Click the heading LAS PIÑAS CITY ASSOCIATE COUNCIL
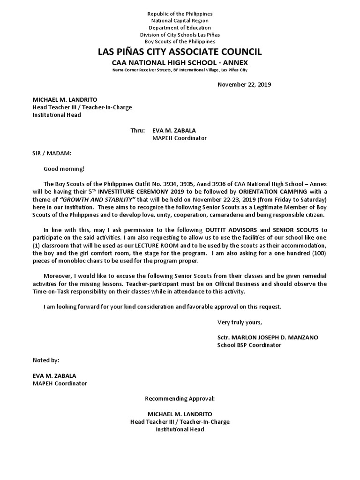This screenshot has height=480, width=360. click(180, 52)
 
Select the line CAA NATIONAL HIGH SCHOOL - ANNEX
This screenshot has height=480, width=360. click(180, 62)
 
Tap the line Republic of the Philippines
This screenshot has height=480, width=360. click(180, 14)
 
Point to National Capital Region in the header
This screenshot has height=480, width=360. click(180, 21)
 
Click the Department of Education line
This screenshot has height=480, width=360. click(180, 28)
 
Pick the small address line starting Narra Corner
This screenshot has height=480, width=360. click(180, 70)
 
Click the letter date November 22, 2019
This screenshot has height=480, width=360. click(244, 85)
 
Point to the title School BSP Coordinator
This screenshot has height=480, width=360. click(249, 345)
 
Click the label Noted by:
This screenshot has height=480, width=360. click(46, 360)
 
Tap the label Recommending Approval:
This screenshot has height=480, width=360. click(180, 398)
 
